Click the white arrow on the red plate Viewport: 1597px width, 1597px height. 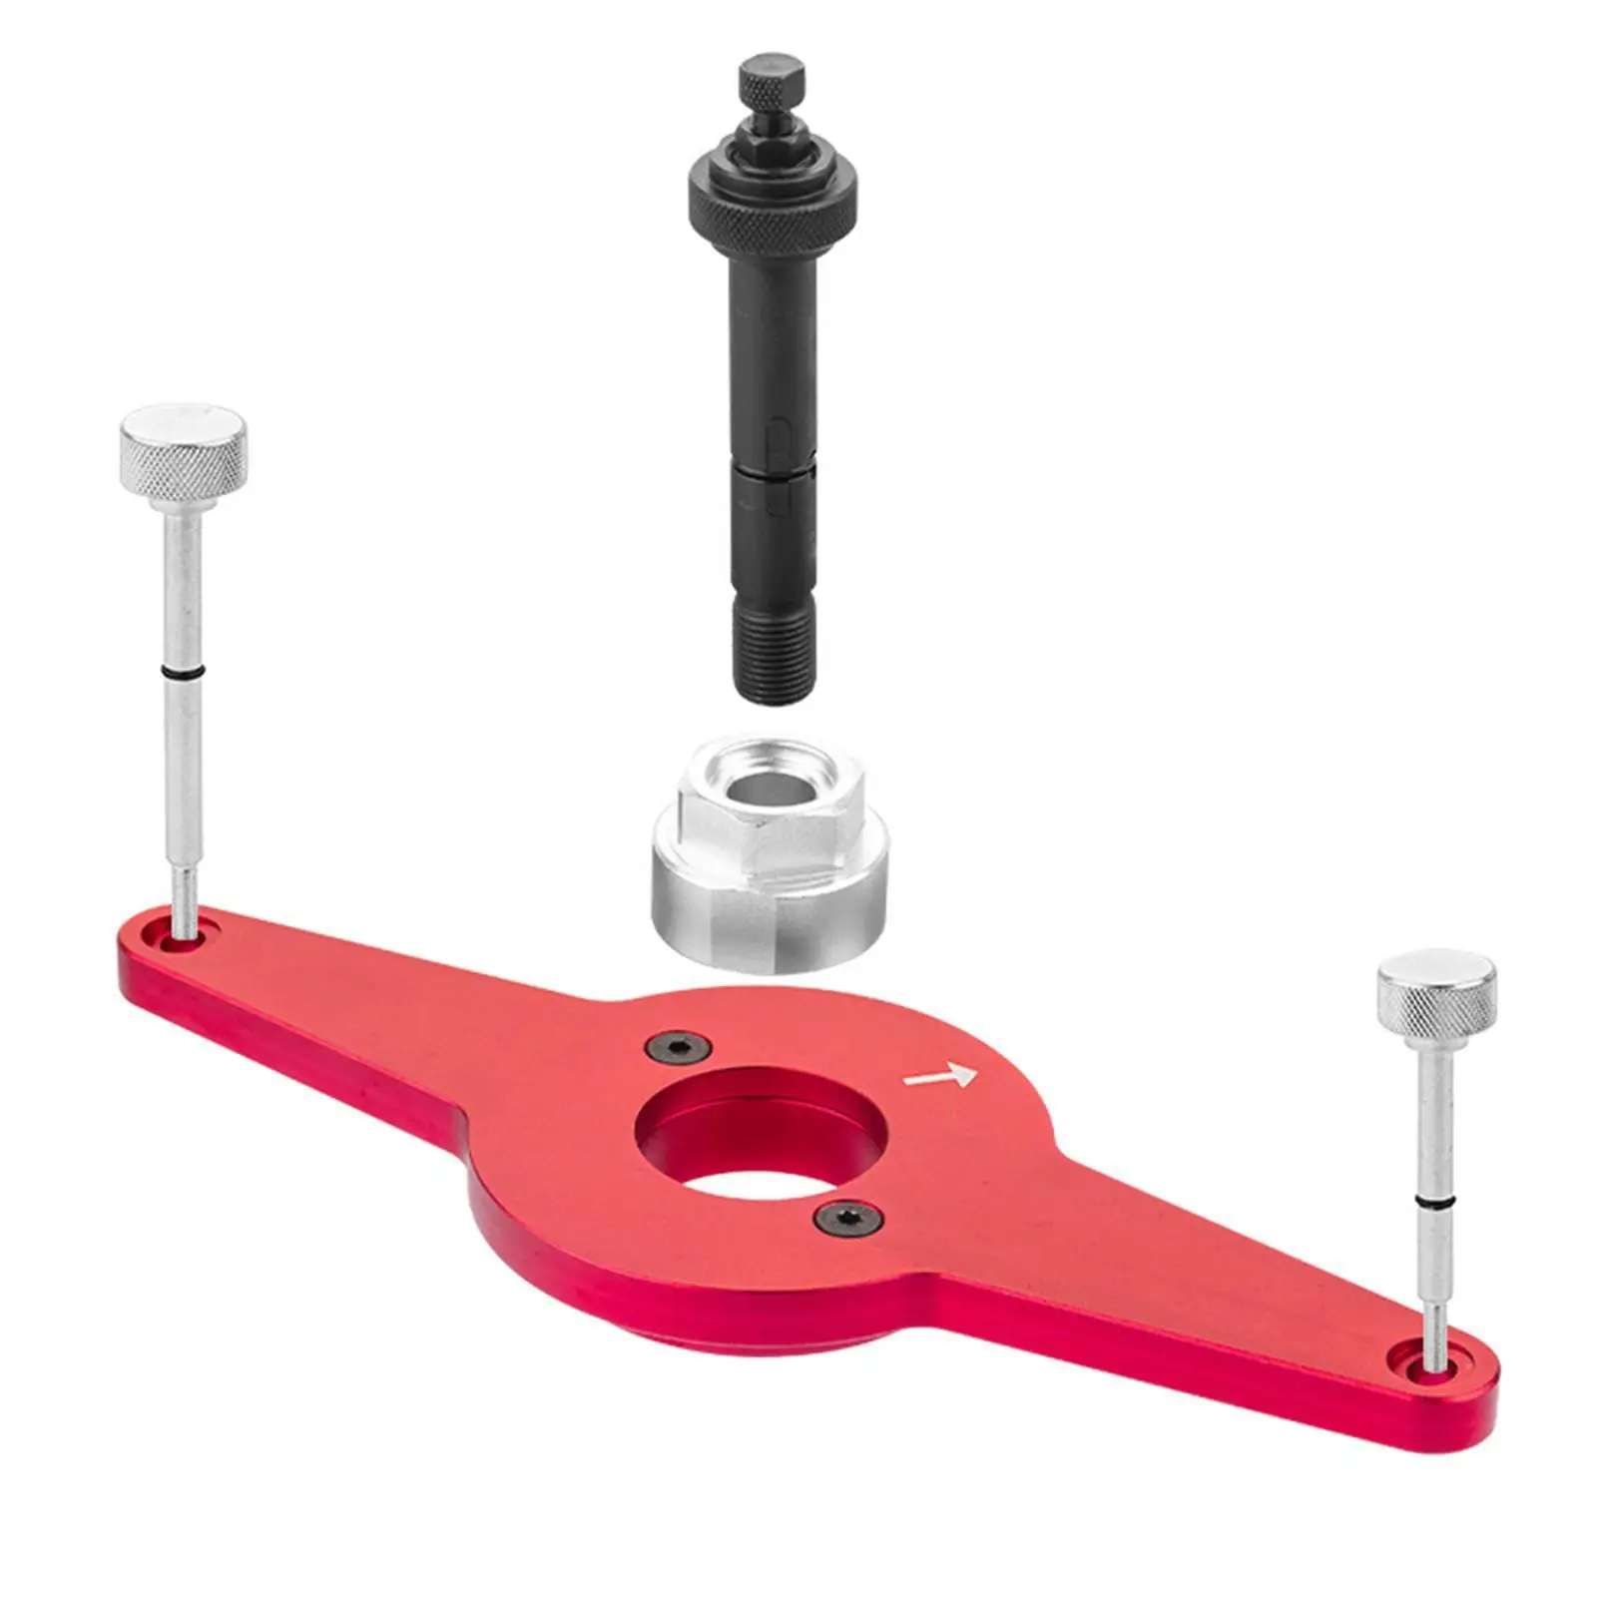pyautogui.click(x=940, y=1076)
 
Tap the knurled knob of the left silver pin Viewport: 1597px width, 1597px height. pyautogui.click(x=184, y=449)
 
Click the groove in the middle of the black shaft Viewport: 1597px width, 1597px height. pyautogui.click(x=774, y=461)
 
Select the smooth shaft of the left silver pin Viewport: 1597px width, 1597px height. pyautogui.click(x=183, y=579)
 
